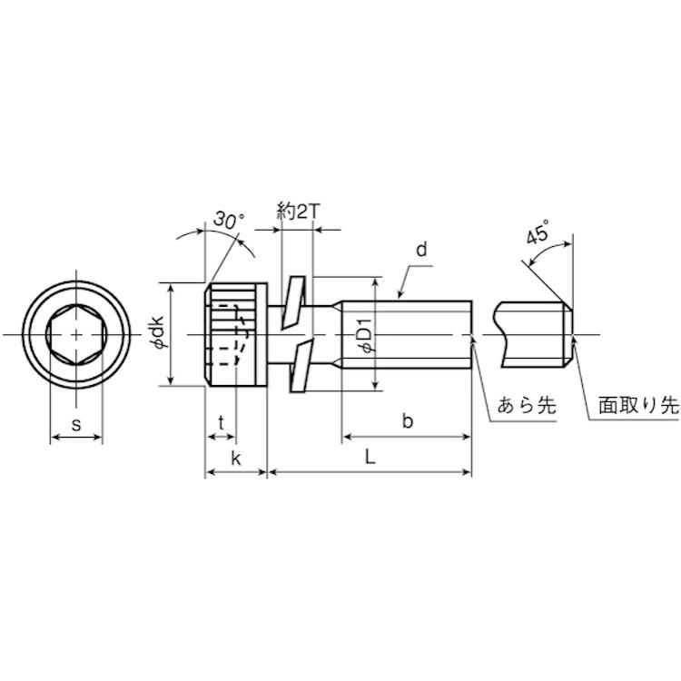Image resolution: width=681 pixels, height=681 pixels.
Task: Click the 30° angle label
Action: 229,220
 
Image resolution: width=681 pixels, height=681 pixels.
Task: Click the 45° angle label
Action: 538,232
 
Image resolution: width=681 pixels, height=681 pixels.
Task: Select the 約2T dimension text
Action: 298,212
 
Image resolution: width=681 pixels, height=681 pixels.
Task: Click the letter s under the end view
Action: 76,424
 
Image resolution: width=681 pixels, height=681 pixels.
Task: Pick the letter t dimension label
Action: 222,421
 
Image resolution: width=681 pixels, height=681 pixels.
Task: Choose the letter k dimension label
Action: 236,458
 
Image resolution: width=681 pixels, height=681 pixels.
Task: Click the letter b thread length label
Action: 407,420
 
